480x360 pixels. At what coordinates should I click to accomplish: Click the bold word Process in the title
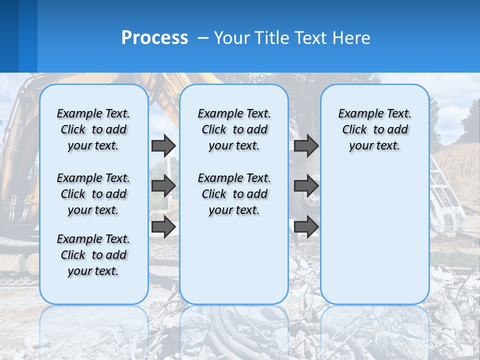154,38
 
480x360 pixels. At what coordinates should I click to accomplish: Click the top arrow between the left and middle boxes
163,146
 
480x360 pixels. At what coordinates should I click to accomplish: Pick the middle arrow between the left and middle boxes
163,186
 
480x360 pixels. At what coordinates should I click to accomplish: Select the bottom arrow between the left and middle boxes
163,226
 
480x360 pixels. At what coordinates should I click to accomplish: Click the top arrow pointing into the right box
306,146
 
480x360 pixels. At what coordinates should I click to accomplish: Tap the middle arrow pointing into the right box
306,186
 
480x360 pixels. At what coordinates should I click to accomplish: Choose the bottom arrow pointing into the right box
306,226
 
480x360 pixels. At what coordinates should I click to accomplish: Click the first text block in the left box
93,129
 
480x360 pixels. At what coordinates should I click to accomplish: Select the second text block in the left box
93,194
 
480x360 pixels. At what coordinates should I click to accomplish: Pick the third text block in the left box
93,255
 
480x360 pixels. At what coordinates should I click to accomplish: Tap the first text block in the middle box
234,129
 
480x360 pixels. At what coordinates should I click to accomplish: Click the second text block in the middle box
234,194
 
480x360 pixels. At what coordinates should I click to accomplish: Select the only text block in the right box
374,129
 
